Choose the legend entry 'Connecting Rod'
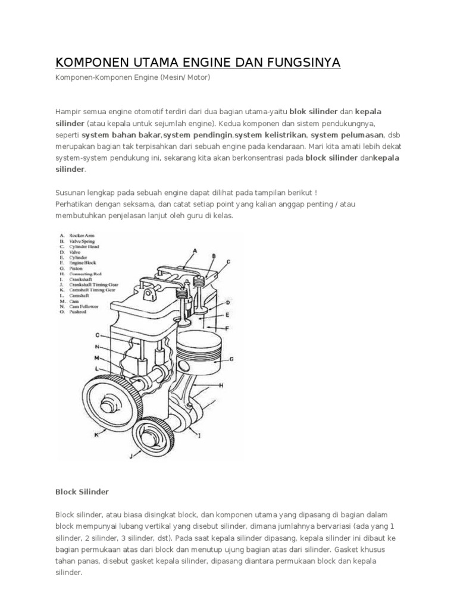[x=87, y=274]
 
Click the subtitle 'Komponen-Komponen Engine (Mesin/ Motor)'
[x=133, y=78]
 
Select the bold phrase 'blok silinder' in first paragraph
[x=313, y=112]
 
